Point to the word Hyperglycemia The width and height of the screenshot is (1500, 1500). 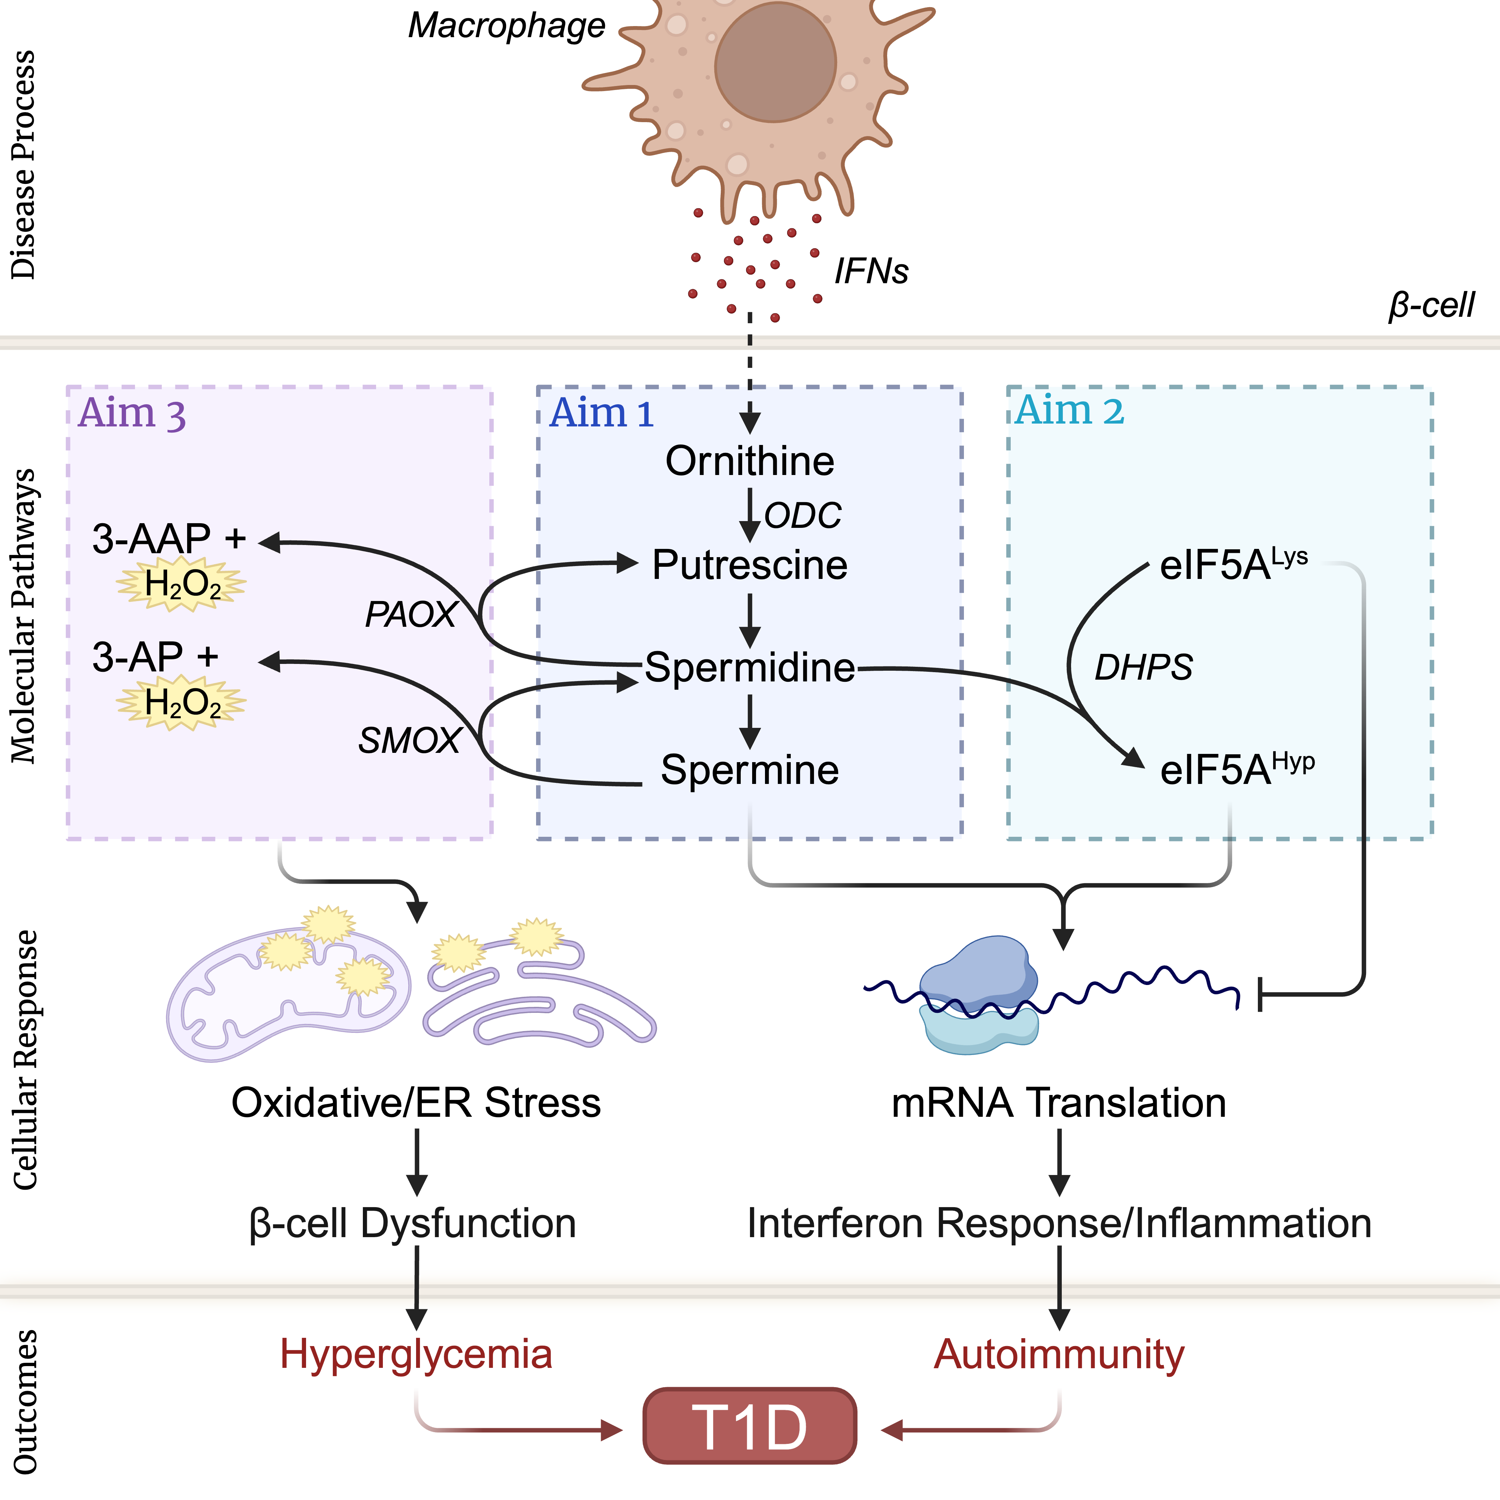pyautogui.click(x=416, y=1354)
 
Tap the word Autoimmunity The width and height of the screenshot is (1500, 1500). pyautogui.click(x=1059, y=1354)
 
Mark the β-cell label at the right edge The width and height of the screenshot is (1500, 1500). pyautogui.click(x=1431, y=305)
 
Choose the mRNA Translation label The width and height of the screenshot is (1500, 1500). pyautogui.click(x=1059, y=1102)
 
